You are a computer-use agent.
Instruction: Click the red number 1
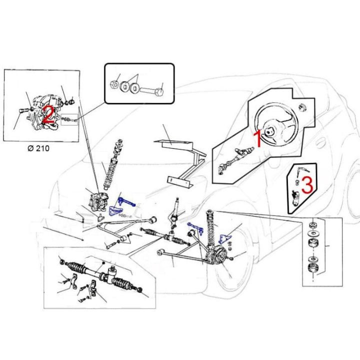[x=258, y=138]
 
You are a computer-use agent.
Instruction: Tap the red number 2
[x=49, y=114]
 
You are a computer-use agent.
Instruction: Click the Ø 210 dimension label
[x=38, y=148]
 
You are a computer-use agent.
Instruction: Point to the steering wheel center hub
[x=268, y=132]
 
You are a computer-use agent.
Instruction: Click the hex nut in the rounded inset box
[x=114, y=84]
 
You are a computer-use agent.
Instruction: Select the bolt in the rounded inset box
[x=151, y=91]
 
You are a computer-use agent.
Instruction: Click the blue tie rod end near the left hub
[x=126, y=202]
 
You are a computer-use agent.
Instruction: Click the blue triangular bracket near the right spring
[x=224, y=239]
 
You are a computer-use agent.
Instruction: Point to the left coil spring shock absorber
[x=112, y=165]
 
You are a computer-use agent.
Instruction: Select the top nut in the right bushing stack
[x=312, y=225]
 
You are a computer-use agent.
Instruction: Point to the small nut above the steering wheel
[x=303, y=107]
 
